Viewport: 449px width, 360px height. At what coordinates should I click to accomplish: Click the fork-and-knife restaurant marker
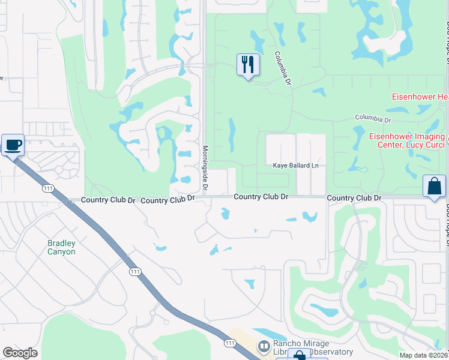(248, 64)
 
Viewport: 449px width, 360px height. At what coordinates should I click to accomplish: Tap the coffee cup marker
(13, 145)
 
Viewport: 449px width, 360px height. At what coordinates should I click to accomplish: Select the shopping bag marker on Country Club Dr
(434, 187)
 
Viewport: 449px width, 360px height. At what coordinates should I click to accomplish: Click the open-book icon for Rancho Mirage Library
(263, 347)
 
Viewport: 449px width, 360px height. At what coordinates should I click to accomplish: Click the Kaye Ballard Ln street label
(295, 165)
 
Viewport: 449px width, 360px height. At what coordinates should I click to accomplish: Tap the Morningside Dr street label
(205, 169)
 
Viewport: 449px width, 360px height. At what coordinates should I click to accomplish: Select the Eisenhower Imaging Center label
(406, 140)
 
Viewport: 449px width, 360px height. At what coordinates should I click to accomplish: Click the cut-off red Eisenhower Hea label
(420, 97)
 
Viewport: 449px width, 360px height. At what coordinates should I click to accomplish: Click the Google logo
(20, 353)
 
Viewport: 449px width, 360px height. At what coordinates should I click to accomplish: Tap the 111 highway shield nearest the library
(229, 343)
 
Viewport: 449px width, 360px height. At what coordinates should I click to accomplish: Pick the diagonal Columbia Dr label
(283, 67)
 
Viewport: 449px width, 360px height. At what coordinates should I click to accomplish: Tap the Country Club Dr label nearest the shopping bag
(354, 197)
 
